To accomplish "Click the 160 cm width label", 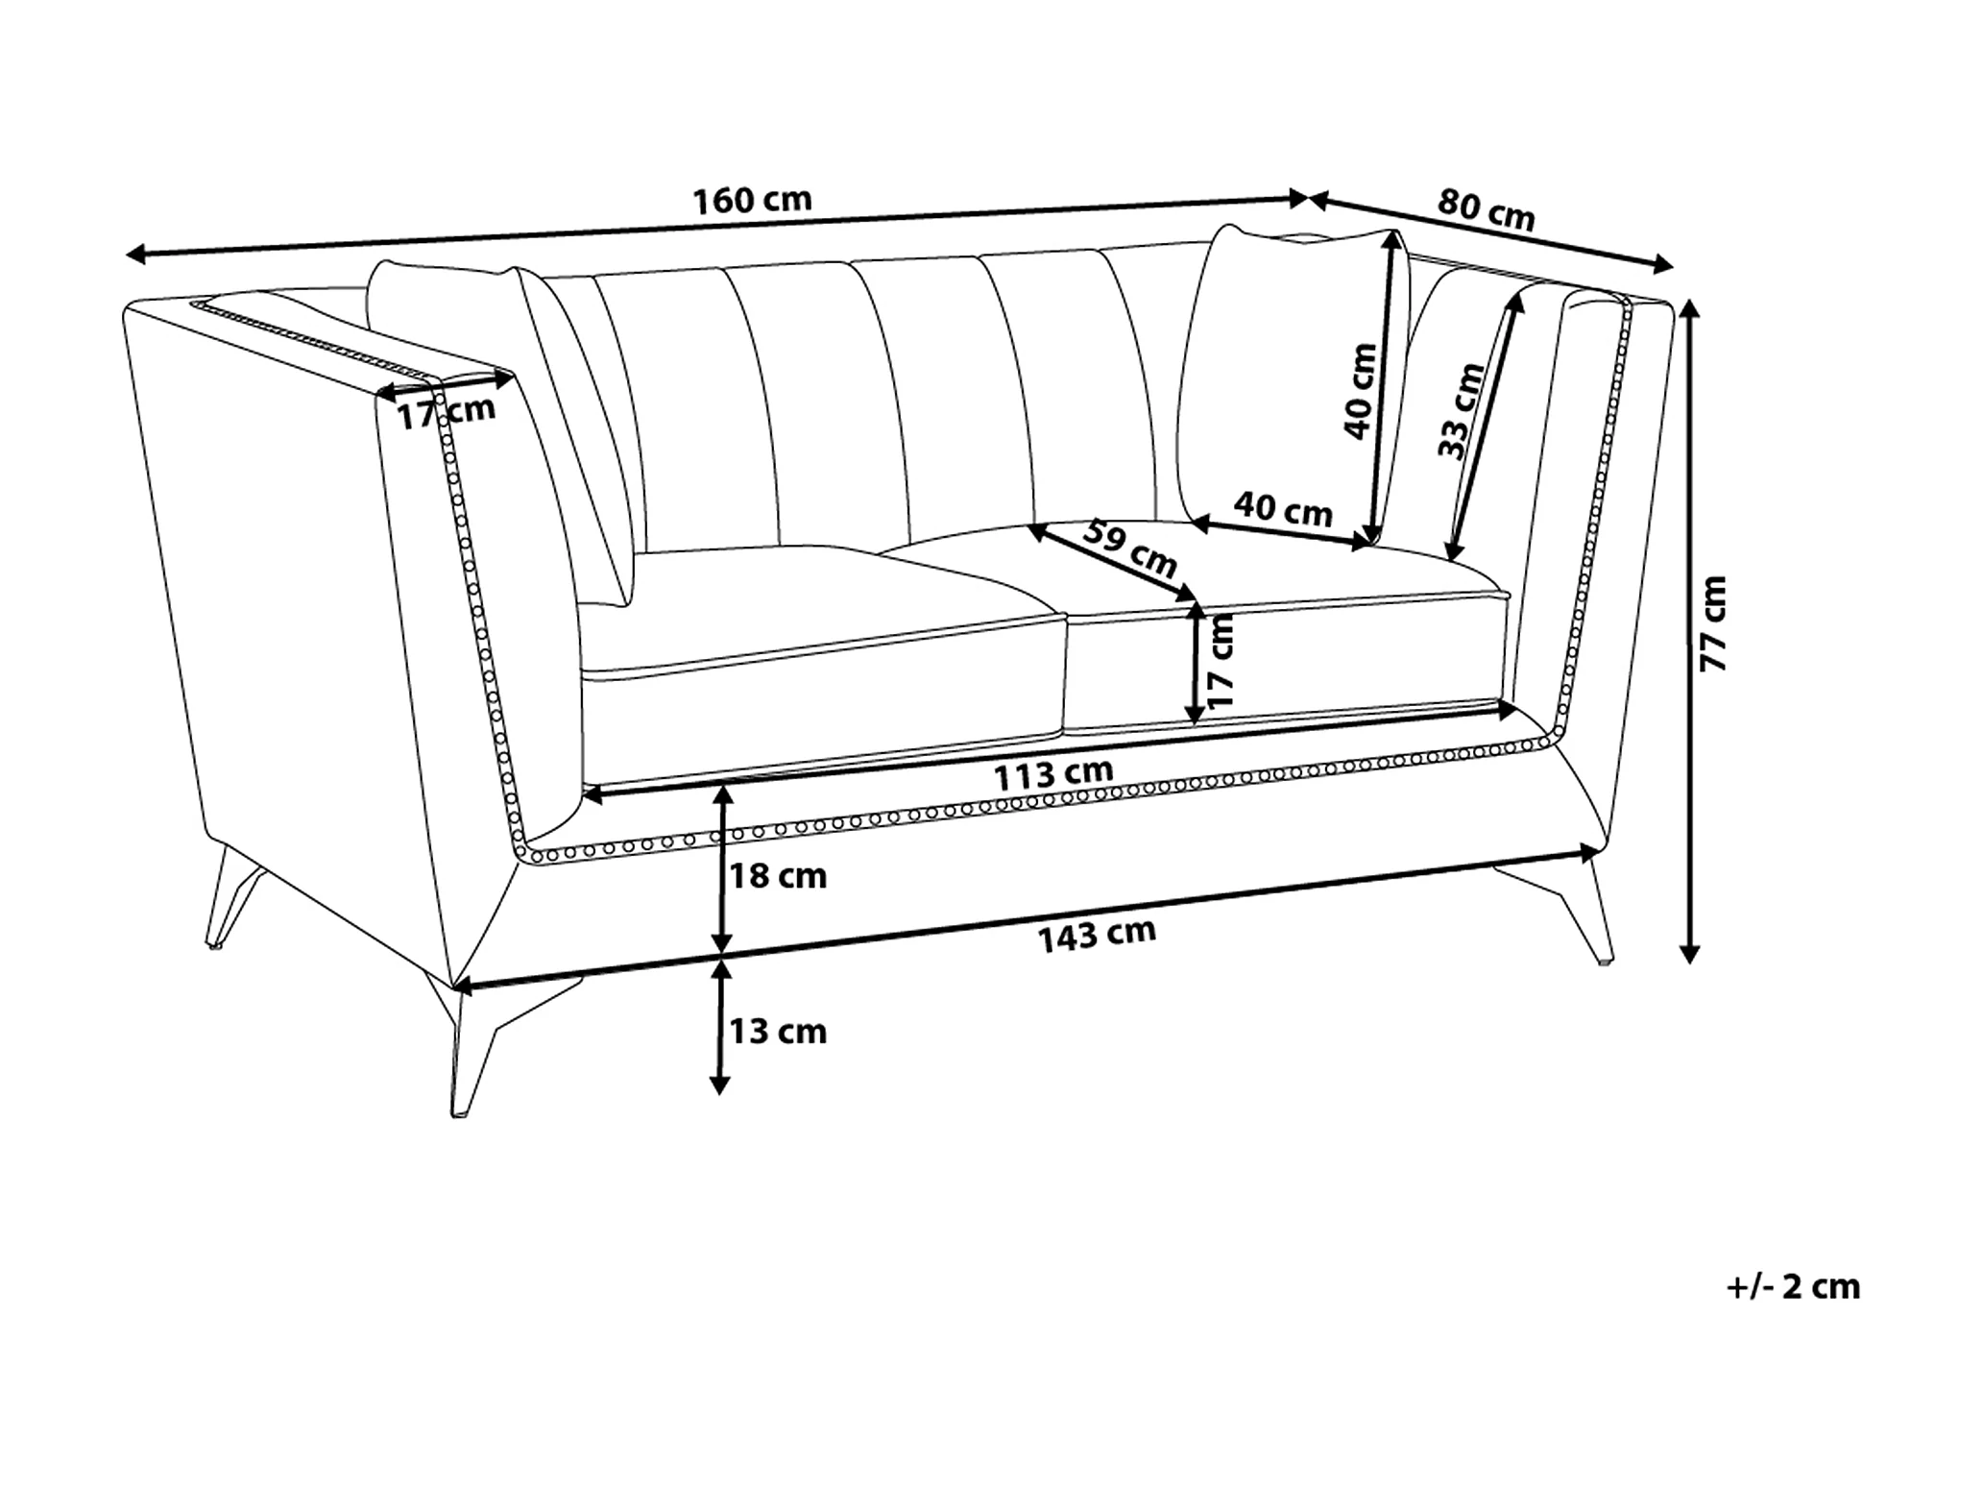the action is tap(752, 200).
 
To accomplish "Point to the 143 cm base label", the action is tap(1097, 934).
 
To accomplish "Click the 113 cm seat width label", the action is tap(1052, 774).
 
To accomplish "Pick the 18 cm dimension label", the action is tap(778, 876).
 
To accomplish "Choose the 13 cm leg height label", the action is tap(778, 1032).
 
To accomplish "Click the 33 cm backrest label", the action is tap(1461, 410).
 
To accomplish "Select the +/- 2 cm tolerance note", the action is tap(1793, 1286).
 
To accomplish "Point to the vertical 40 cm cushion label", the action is tap(1360, 391).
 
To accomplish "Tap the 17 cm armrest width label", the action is tap(447, 412).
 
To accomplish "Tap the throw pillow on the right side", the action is tap(1277, 375).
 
